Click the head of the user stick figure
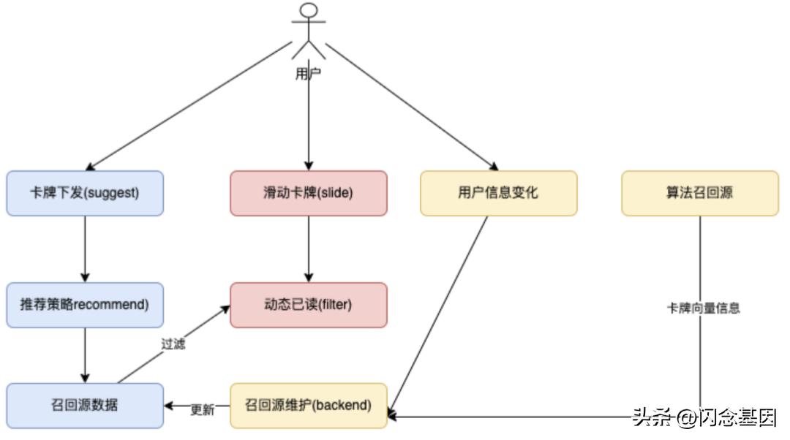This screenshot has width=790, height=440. [309, 11]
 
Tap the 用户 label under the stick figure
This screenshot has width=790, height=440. [308, 73]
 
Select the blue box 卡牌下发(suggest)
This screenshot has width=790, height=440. [85, 194]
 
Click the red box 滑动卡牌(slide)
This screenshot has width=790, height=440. [308, 194]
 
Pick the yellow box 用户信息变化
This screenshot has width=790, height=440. [498, 194]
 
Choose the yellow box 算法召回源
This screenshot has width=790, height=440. [700, 194]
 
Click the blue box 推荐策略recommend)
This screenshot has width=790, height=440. [85, 305]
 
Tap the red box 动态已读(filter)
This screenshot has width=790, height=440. [308, 305]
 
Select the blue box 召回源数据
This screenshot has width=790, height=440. [85, 406]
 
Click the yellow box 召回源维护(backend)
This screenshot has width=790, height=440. [308, 406]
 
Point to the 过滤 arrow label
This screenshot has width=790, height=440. [173, 344]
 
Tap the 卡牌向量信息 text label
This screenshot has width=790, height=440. [702, 308]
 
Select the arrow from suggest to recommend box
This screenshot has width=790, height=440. [85, 249]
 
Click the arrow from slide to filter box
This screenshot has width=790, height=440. [308, 249]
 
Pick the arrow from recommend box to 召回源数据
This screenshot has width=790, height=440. [85, 354]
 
